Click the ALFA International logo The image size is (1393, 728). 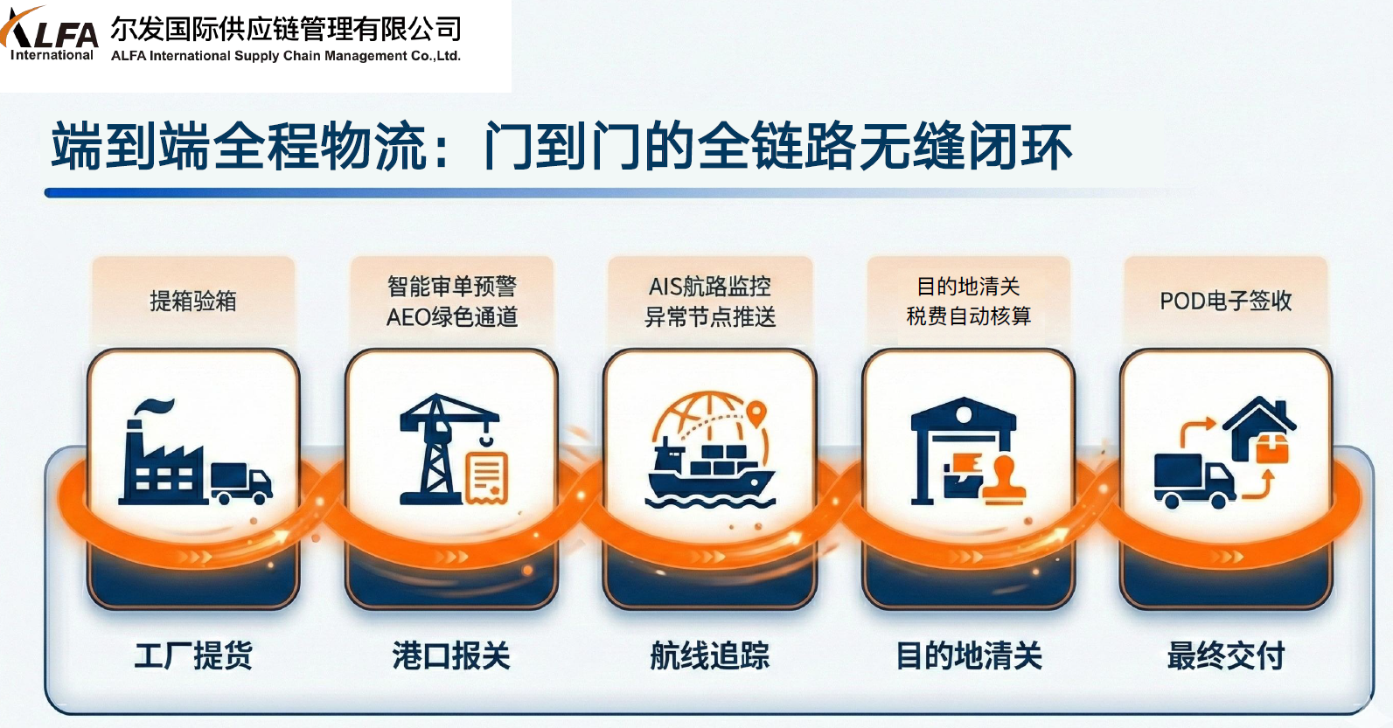pos(49,34)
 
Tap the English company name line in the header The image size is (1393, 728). pos(286,56)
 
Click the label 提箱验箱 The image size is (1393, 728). pos(193,301)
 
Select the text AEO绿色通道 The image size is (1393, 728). pos(452,317)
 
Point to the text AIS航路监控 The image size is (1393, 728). pos(710,287)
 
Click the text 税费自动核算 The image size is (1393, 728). pos(969,316)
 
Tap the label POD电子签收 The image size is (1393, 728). pos(1226,301)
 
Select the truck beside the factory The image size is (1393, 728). pos(241,483)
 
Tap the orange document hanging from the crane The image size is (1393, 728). pos(487,476)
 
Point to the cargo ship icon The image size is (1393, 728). pos(710,474)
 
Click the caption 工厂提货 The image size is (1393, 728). pos(193,655)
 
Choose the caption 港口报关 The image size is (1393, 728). pos(451,655)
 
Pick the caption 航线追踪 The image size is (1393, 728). pos(710,655)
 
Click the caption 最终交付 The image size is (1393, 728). pos(1226,655)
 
